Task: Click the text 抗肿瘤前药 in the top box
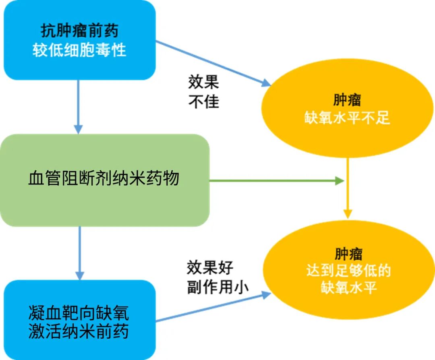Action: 79,31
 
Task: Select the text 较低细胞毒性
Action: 79,50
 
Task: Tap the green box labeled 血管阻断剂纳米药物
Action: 104,179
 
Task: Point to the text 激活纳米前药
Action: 79,332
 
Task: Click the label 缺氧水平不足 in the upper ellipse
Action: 347,118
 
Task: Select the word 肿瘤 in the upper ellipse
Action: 347,99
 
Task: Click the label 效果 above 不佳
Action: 203,82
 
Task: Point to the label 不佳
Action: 203,101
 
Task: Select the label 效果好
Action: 210,268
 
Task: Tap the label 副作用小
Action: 217,287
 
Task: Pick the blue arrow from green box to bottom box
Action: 80,253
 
